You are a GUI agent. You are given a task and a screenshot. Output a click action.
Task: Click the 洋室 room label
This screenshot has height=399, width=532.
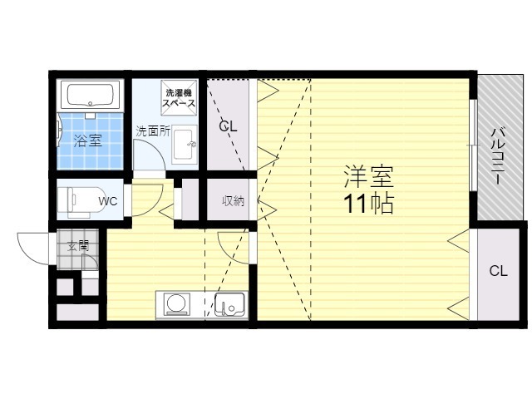368,177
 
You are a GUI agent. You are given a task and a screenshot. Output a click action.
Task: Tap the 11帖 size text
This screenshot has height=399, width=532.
368,204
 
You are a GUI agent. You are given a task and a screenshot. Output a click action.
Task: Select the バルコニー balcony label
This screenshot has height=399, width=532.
499,155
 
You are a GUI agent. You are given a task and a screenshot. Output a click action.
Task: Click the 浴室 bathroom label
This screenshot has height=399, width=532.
88,140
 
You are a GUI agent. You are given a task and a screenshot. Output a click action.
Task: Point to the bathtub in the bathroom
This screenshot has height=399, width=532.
90,95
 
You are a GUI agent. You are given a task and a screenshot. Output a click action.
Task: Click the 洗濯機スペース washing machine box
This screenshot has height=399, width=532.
180,98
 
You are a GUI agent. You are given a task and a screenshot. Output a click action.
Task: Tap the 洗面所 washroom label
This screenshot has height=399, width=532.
153,131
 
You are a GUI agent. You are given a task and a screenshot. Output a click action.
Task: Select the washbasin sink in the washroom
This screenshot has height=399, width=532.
185,144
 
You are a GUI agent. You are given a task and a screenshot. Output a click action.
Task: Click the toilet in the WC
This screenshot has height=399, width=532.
82,201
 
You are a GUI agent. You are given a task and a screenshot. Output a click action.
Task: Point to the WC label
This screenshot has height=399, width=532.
108,201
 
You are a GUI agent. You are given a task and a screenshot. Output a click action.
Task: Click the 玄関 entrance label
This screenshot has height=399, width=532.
78,246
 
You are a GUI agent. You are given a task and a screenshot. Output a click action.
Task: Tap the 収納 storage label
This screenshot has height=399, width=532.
233,201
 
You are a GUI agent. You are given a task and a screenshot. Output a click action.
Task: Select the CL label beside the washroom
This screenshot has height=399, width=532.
228,126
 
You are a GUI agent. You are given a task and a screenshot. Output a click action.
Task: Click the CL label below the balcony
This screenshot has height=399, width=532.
499,271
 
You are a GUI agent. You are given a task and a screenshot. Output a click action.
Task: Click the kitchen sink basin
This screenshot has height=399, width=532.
230,304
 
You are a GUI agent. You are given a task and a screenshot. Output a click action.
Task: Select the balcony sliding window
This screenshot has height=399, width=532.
473,145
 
